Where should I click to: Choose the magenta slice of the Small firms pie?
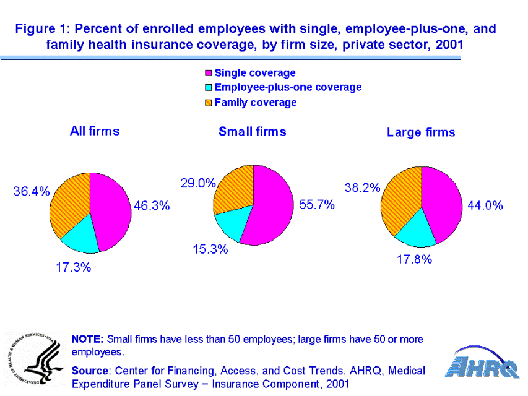pyautogui.click(x=272, y=204)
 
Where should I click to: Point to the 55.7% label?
pyautogui.click(x=317, y=205)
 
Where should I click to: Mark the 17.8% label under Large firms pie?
pyautogui.click(x=414, y=260)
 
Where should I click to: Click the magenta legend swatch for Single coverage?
pyautogui.click(x=209, y=74)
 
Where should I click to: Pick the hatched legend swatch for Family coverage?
pyautogui.click(x=209, y=103)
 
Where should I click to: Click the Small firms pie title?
pyautogui.click(x=253, y=131)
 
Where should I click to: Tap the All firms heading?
pyautogui.click(x=95, y=131)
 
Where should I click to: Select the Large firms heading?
pyautogui.click(x=421, y=132)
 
